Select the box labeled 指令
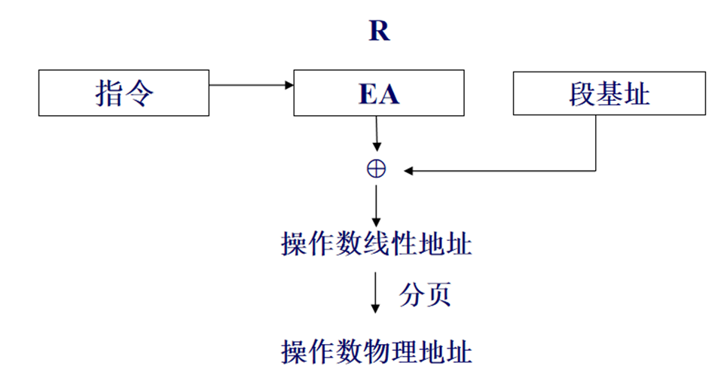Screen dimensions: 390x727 (x=124, y=94)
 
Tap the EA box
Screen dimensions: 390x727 (x=378, y=94)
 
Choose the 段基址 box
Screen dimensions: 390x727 (x=609, y=94)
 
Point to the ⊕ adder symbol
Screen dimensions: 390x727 (x=376, y=169)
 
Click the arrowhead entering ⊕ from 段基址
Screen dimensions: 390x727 (x=409, y=170)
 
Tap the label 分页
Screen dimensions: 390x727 (x=426, y=294)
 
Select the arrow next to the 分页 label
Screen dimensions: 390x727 (x=376, y=294)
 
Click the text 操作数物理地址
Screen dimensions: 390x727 (x=377, y=351)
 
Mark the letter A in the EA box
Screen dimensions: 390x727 (x=389, y=95)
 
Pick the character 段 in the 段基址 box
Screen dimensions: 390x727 (x=583, y=94)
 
